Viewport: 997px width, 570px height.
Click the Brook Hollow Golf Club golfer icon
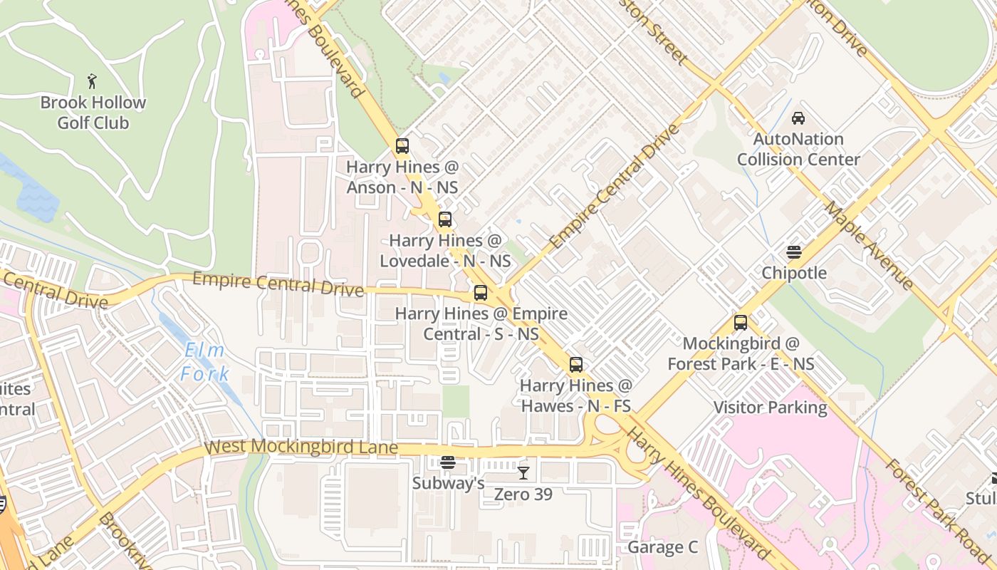pos(91,81)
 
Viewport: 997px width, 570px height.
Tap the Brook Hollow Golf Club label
pos(93,113)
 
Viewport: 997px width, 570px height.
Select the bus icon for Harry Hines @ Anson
pos(402,146)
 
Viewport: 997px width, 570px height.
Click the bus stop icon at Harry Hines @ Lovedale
pos(445,219)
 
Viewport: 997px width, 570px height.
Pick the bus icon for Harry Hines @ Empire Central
pos(481,293)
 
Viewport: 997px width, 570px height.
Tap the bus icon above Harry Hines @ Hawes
pos(575,365)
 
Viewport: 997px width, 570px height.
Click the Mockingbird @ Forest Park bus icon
pos(741,323)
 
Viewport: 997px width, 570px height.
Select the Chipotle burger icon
pos(794,252)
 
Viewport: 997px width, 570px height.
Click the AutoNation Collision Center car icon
pos(798,118)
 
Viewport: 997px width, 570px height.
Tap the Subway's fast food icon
pos(447,462)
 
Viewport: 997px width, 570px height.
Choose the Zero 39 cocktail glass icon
pos(523,472)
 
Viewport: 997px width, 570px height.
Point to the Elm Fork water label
pos(204,362)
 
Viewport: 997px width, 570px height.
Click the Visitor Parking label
pos(771,408)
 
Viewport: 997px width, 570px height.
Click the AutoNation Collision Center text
pos(798,149)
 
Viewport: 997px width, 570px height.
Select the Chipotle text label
pos(794,273)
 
